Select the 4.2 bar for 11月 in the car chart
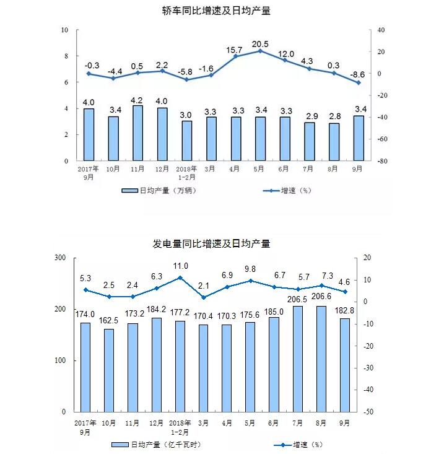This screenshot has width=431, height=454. (x=137, y=133)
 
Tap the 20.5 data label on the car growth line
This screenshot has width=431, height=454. (x=260, y=44)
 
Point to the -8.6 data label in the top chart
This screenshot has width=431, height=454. (x=358, y=75)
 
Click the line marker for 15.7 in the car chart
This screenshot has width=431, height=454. (x=236, y=56)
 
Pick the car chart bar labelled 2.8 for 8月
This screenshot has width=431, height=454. (x=334, y=142)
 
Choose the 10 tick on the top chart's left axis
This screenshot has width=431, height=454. (x=65, y=30)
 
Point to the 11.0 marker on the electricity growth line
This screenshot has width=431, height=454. (x=180, y=277)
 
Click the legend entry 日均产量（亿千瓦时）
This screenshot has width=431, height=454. (x=158, y=444)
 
